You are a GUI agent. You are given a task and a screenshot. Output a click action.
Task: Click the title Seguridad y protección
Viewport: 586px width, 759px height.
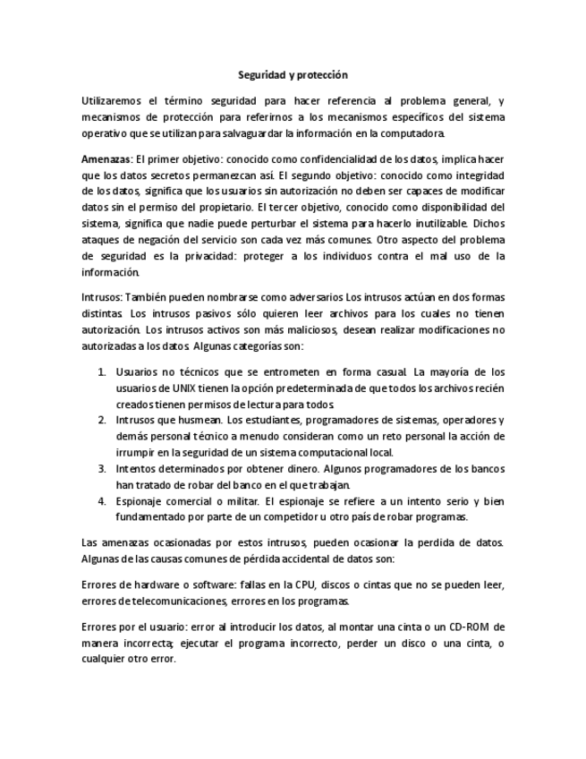tap(293, 76)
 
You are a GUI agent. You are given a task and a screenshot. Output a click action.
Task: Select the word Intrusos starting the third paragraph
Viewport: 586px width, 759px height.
tap(100, 297)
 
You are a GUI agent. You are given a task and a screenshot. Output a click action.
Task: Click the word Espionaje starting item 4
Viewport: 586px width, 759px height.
tap(140, 500)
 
